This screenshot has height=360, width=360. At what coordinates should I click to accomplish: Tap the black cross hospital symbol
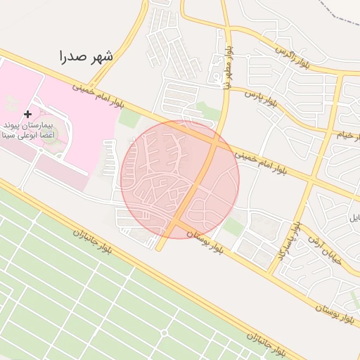pyautogui.click(x=27, y=114)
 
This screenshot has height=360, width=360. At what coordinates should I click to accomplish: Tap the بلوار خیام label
pyautogui.click(x=343, y=134)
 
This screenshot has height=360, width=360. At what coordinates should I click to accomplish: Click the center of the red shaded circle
pyautogui.click(x=180, y=179)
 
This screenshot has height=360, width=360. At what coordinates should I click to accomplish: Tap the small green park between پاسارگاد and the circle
pyautogui.click(x=234, y=226)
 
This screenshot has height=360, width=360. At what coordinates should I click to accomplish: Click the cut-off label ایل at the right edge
pyautogui.click(x=354, y=218)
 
